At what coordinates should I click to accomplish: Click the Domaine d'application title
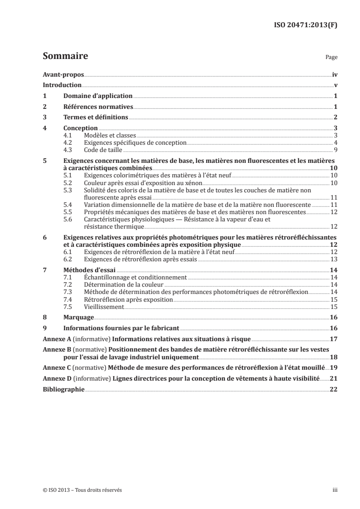(98, 96)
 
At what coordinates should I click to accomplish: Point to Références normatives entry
(98, 107)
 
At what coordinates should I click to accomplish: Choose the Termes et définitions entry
(95, 117)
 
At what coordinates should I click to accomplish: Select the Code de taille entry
(103, 149)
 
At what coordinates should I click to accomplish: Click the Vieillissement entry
(104, 307)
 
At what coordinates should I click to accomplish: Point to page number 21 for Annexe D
(334, 378)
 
